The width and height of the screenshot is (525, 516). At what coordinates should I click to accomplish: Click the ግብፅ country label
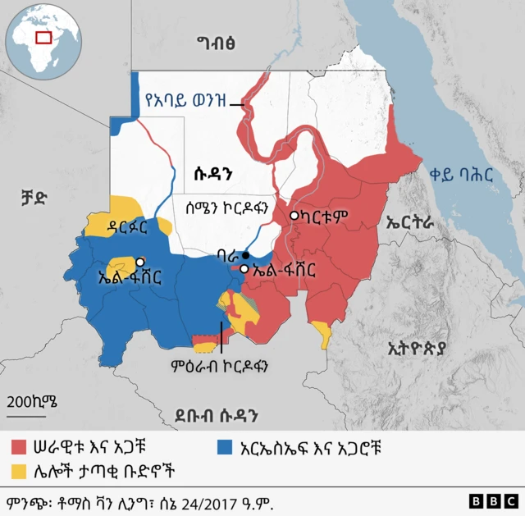point(217,43)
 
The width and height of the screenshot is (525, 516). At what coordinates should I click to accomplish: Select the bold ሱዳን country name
point(216,173)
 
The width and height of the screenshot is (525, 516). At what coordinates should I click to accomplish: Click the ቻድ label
point(34,197)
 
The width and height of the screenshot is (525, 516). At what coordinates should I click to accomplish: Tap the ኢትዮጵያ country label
point(417,349)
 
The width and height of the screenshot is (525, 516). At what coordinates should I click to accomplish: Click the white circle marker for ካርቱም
point(294,216)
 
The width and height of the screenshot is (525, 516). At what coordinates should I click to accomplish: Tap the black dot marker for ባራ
point(245,255)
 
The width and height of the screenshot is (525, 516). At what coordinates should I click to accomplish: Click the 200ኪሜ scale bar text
point(32,401)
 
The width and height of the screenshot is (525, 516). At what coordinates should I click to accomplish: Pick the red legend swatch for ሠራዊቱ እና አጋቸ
point(21,448)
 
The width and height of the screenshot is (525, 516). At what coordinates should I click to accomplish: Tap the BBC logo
point(493,500)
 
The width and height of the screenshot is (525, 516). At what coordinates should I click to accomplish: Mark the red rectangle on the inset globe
point(43,37)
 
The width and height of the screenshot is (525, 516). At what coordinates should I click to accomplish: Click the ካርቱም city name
point(326,217)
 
